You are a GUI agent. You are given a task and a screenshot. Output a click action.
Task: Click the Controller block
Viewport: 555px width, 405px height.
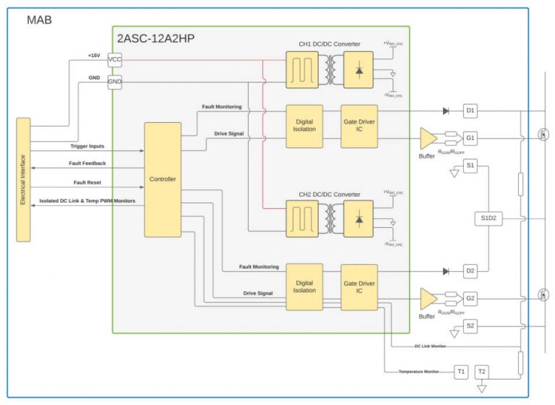click(163, 179)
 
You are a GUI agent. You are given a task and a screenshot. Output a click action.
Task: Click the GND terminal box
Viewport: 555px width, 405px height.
click(114, 82)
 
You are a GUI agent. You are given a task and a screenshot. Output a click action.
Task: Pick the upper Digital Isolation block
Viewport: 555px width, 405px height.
click(304, 127)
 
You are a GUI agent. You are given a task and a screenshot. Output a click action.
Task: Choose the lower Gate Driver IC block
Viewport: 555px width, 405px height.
click(359, 287)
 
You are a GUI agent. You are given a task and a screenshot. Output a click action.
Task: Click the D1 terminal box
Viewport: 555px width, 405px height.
click(470, 111)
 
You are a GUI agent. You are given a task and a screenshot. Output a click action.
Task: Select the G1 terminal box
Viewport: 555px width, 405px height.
click(470, 137)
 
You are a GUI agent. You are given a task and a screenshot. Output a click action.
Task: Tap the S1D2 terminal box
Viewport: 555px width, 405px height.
click(490, 218)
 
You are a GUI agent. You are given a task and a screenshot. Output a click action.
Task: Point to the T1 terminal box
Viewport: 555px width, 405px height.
click(461, 372)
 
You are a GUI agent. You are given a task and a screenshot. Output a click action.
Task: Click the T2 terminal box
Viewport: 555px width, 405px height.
click(482, 372)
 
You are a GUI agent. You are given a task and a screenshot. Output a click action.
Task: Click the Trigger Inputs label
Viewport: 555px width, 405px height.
click(87, 146)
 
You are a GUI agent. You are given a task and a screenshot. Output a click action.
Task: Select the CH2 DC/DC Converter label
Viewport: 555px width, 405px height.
click(329, 194)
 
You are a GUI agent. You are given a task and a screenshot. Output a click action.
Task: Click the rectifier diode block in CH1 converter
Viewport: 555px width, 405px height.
click(358, 69)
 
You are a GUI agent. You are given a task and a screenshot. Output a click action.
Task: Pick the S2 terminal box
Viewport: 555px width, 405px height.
click(470, 326)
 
